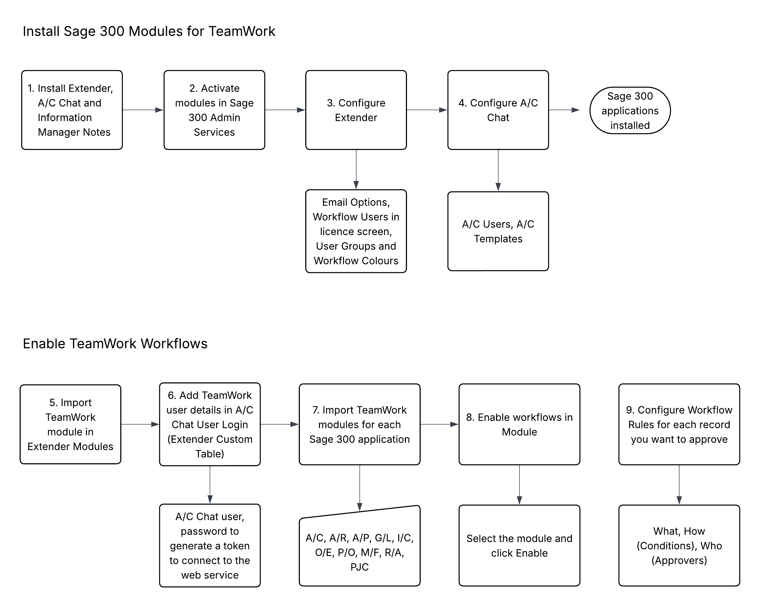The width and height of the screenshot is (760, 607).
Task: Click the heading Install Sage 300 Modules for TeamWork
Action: [149, 31]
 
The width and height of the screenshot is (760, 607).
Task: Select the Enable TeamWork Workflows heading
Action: [115, 343]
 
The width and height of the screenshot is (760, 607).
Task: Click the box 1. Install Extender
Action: [72, 110]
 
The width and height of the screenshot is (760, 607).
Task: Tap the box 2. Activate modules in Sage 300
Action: [214, 110]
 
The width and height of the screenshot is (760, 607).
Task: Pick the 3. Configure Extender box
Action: [356, 110]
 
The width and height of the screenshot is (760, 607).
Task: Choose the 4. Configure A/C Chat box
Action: [498, 110]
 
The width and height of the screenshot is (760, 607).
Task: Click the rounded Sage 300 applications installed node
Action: [630, 110]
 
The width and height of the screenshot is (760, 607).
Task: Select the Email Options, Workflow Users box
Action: [356, 231]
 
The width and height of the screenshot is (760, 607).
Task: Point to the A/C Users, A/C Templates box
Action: [498, 231]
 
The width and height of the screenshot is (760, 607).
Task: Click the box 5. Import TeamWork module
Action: [71, 424]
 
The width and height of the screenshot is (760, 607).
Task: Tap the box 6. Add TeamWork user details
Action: [210, 424]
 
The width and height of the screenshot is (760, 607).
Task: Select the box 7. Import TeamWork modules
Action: [359, 424]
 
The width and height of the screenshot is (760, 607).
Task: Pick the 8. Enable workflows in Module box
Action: [519, 424]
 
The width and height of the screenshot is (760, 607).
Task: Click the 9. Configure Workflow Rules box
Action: [679, 424]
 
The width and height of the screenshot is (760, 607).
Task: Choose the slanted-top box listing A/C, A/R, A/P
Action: [359, 547]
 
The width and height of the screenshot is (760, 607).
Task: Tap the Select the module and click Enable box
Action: [519, 545]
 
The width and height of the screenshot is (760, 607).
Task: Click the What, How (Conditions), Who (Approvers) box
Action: [679, 545]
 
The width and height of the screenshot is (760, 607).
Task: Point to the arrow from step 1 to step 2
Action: [143, 110]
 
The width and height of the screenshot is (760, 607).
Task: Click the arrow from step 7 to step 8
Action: [439, 424]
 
